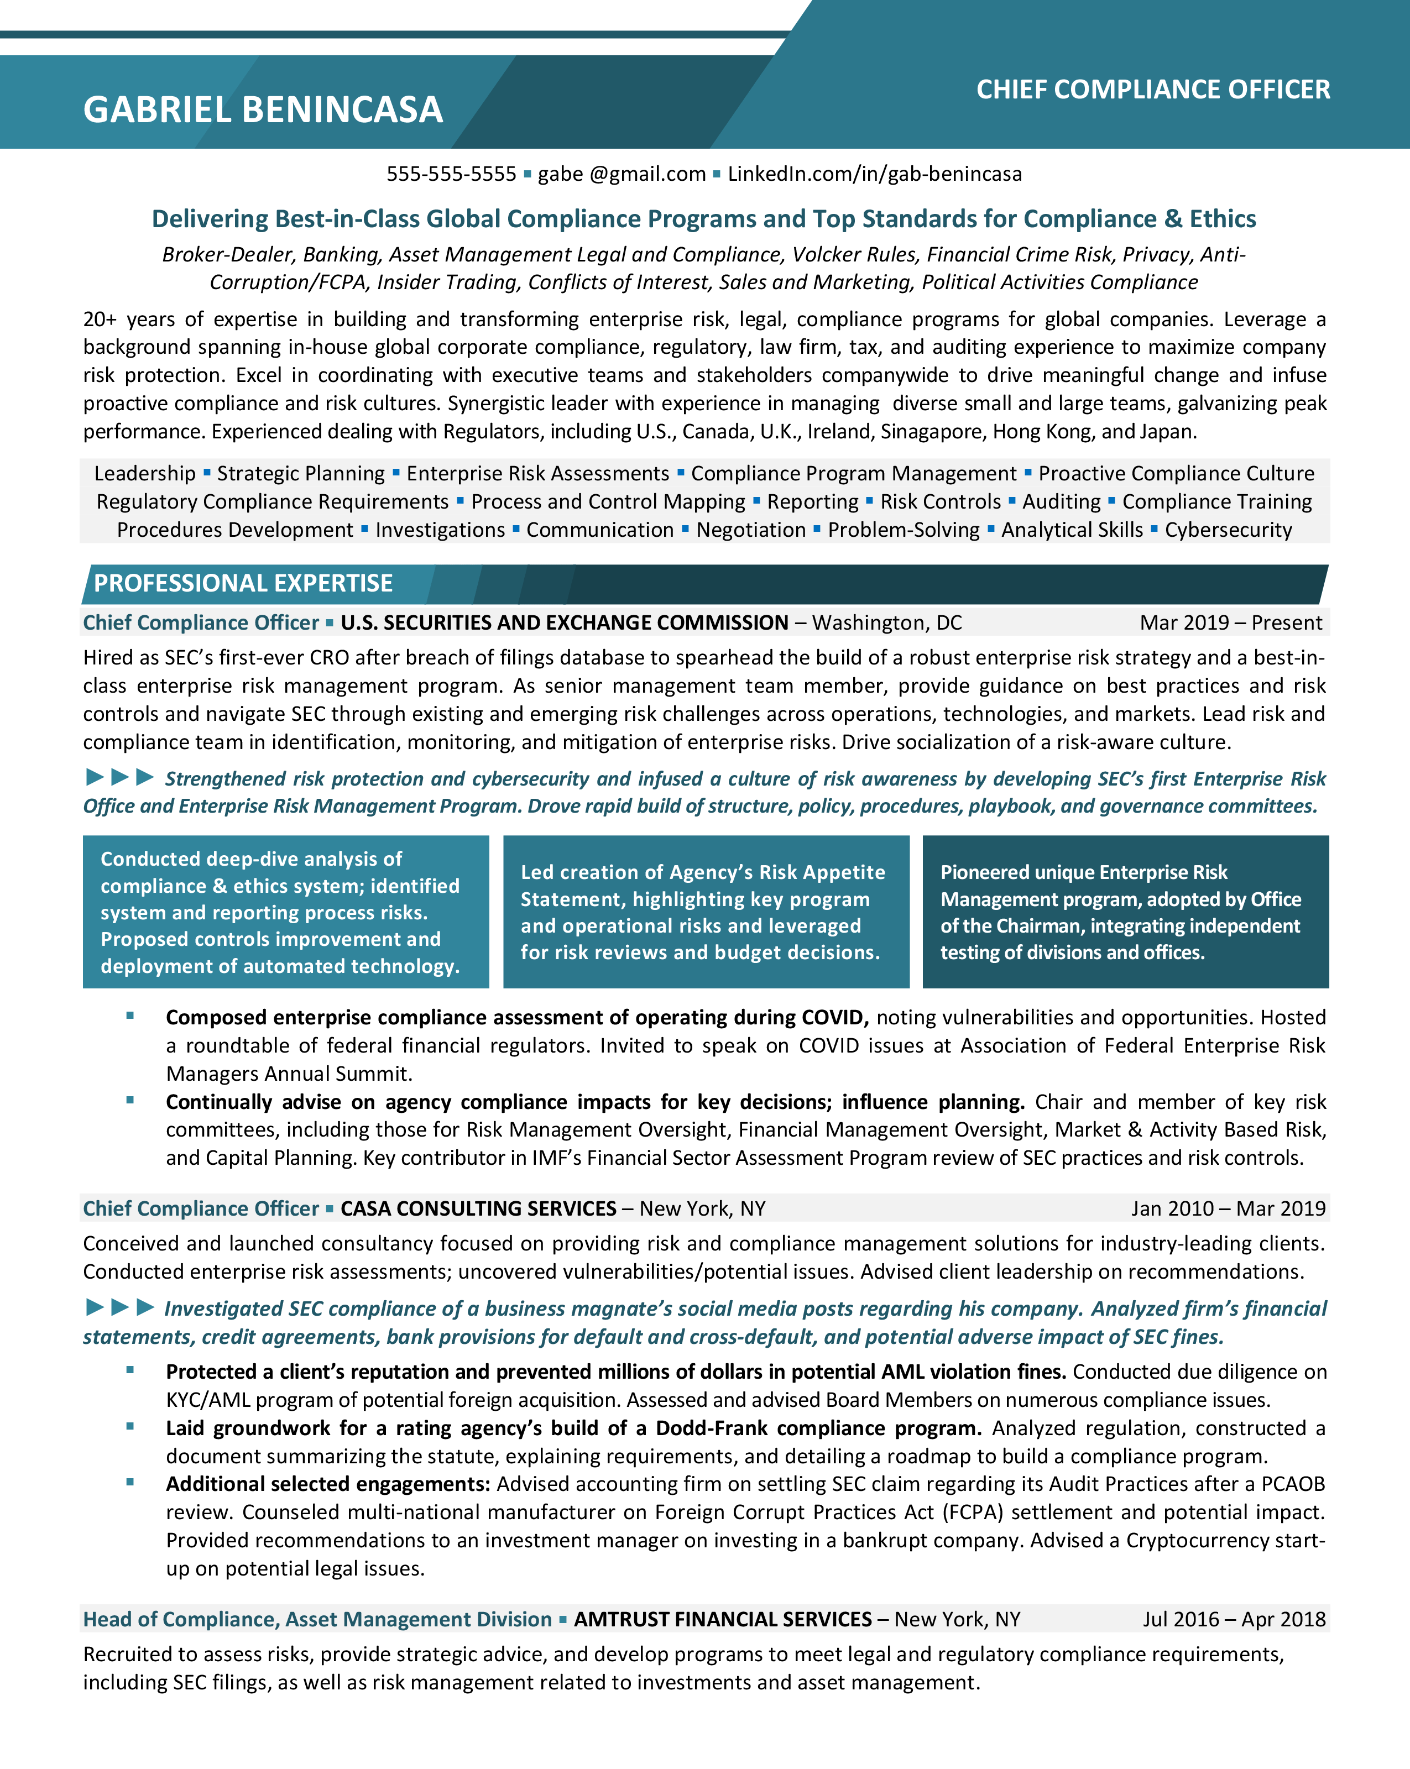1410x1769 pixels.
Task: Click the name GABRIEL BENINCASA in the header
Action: coord(263,110)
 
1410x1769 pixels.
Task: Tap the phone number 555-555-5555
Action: coord(451,174)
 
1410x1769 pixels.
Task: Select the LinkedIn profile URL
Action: coord(874,174)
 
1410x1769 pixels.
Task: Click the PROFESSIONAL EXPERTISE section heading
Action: coord(243,583)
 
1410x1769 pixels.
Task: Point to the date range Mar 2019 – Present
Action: coord(1230,623)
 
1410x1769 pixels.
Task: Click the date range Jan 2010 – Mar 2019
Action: coord(1228,1208)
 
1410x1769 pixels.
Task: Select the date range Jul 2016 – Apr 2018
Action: coord(1234,1619)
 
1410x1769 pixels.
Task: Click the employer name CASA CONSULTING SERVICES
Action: coord(478,1208)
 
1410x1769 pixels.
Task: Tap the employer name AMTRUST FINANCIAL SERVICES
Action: coord(722,1619)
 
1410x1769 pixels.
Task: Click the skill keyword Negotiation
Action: coord(751,530)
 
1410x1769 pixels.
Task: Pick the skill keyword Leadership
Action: coord(144,473)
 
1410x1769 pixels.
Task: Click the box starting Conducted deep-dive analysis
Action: coord(286,912)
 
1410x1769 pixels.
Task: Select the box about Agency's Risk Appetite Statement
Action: coord(706,912)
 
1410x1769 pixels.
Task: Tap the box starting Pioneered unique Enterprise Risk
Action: coord(1125,912)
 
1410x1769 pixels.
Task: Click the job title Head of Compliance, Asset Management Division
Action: coord(317,1619)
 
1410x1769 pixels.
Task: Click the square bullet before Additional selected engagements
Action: coord(130,1483)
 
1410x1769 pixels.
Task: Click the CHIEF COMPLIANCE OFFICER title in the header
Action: coord(1152,90)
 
